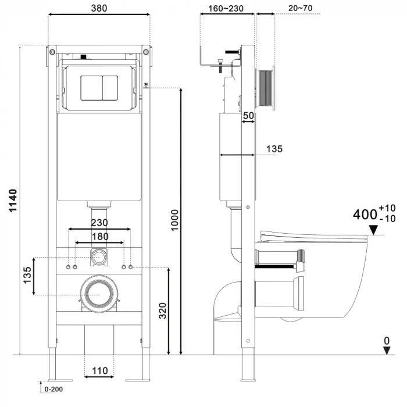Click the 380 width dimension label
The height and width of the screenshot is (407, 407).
pyautogui.click(x=99, y=8)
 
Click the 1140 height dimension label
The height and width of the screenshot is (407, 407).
pyautogui.click(x=13, y=201)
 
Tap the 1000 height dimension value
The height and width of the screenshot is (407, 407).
pyautogui.click(x=174, y=220)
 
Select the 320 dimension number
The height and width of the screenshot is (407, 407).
pyautogui.click(x=162, y=310)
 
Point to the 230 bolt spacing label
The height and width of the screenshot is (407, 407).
pyautogui.click(x=99, y=223)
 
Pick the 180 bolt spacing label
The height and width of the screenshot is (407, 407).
pyautogui.click(x=100, y=237)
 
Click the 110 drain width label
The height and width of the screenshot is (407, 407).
pyautogui.click(x=99, y=371)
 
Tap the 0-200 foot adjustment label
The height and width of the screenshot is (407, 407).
pyautogui.click(x=53, y=389)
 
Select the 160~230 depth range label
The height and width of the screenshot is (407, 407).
pyautogui.click(x=226, y=9)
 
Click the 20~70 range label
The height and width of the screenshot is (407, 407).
pyautogui.click(x=301, y=8)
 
